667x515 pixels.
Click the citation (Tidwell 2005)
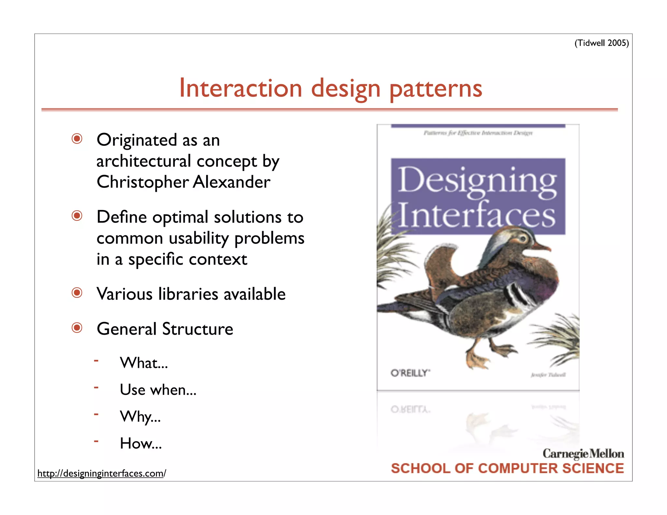point(601,43)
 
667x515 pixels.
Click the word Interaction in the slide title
point(241,89)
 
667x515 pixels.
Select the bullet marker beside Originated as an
point(77,139)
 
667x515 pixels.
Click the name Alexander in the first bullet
point(232,182)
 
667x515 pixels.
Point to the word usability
point(199,239)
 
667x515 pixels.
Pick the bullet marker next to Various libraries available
point(77,293)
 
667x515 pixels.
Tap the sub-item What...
point(144,363)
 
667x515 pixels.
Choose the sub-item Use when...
point(158,390)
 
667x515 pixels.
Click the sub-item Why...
point(140,417)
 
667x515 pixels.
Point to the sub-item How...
point(141,443)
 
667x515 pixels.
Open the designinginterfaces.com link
point(102,473)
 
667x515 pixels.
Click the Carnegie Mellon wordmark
point(583,453)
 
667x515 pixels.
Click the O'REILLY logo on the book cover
point(410,373)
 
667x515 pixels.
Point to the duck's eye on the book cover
point(523,239)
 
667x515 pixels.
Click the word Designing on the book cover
point(477,181)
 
